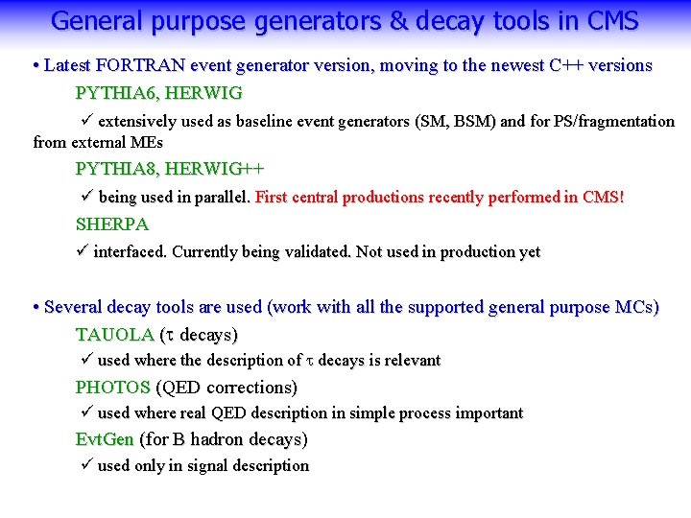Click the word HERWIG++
(x=214, y=169)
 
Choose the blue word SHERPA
(x=112, y=224)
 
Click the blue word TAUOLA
(x=114, y=335)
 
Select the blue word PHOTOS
(x=112, y=388)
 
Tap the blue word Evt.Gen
(x=105, y=439)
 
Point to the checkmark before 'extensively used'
(x=84, y=121)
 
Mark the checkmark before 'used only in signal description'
(x=84, y=465)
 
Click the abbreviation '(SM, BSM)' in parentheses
(x=452, y=122)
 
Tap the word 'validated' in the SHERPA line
(x=320, y=252)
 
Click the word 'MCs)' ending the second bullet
(x=638, y=308)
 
